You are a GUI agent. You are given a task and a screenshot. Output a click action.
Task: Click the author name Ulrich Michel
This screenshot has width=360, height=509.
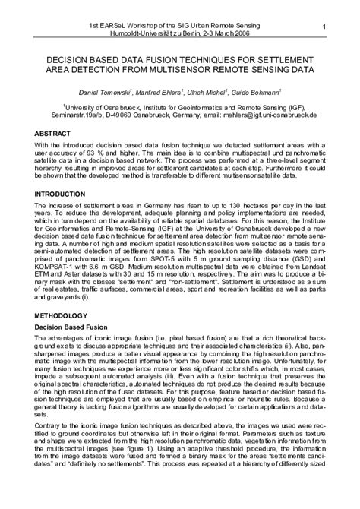pyautogui.click(x=210, y=90)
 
